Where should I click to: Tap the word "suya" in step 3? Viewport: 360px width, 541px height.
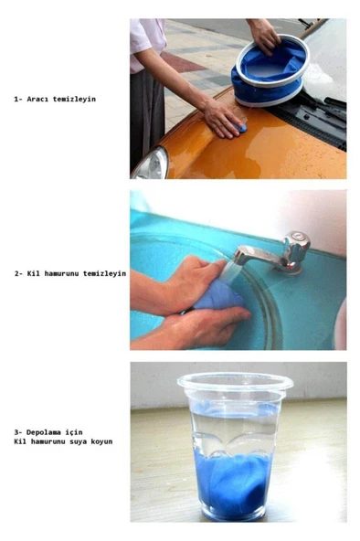(79, 441)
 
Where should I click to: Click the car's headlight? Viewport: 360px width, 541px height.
(151, 164)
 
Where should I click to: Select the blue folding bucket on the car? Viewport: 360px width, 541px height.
(270, 70)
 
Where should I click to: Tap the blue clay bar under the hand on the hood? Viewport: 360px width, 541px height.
(241, 128)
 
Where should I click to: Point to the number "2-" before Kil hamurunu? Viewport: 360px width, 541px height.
(18, 273)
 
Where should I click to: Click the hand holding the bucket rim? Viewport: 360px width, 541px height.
(265, 37)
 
